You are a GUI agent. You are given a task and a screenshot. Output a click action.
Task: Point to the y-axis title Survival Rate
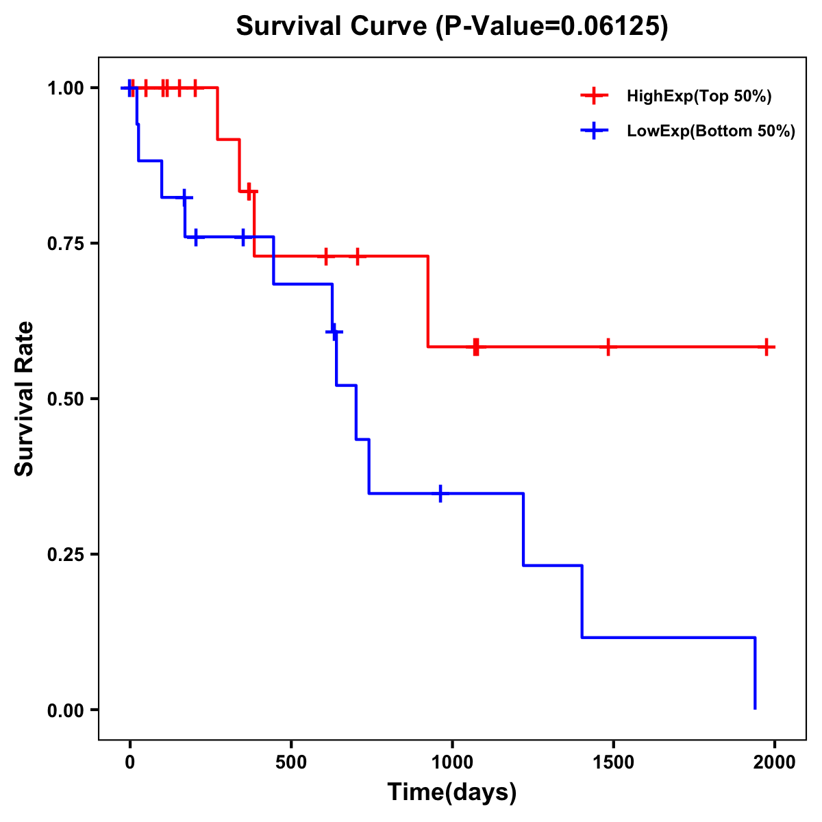coord(25,398)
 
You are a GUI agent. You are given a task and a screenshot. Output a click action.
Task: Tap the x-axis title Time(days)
coord(452,792)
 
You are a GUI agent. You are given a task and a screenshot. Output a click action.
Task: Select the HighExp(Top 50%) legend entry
coord(699,97)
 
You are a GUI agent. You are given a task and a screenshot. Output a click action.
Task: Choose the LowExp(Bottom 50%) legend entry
coord(710,132)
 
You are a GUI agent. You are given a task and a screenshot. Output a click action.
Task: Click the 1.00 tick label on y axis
coord(65,88)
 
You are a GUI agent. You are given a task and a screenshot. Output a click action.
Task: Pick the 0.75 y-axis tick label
coord(65,244)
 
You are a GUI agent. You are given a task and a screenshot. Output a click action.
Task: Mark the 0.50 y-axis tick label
coord(65,399)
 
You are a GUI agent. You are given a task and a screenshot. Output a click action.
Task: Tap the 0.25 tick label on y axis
coord(65,555)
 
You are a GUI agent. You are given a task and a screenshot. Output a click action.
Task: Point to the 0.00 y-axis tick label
coord(65,710)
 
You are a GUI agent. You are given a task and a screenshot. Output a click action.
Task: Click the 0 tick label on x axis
coord(129,763)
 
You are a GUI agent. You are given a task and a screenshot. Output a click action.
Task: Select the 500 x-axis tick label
coord(291,763)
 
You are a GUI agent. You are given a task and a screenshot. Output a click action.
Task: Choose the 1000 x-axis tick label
coord(452,763)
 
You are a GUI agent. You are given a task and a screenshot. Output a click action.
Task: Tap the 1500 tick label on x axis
coord(613,763)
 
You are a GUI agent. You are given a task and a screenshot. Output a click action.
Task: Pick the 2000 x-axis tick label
coord(775,763)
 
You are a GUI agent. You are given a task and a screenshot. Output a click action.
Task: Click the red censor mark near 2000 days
coord(767,347)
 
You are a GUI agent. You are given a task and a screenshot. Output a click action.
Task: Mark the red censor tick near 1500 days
coord(608,347)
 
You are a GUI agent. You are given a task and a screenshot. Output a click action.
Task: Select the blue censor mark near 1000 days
coord(440,493)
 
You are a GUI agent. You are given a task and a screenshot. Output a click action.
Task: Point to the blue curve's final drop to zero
coord(755,675)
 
